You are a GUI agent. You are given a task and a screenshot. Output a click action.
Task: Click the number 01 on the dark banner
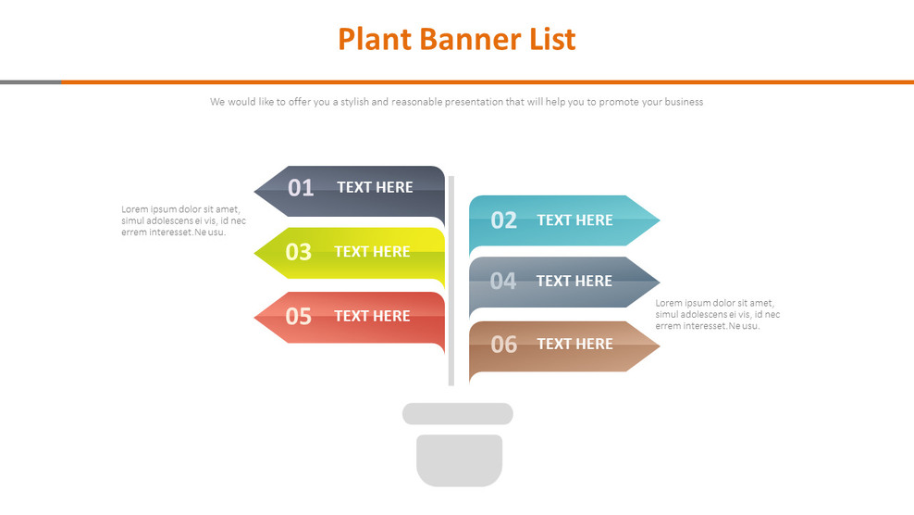pos(301,188)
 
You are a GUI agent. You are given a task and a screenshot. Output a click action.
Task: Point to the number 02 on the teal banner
pos(503,220)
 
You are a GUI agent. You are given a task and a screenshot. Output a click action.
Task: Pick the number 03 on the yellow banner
pos(298,252)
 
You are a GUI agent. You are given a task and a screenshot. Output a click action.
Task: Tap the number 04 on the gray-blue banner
pos(502,282)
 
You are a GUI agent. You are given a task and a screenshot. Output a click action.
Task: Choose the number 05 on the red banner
pos(298,317)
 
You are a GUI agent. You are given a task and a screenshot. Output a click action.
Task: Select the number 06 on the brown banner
pos(503,345)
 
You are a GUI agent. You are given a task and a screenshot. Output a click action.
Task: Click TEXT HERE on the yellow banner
pos(372,252)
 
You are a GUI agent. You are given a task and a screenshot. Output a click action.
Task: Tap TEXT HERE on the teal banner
pos(574,220)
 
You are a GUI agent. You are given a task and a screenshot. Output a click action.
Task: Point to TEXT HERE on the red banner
pos(372,316)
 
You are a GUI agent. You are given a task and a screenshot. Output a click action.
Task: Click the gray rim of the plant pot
pos(457,414)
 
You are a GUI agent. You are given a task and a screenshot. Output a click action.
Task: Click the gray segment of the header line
pos(31,82)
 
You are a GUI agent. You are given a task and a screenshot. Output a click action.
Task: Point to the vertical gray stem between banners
pos(451,278)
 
